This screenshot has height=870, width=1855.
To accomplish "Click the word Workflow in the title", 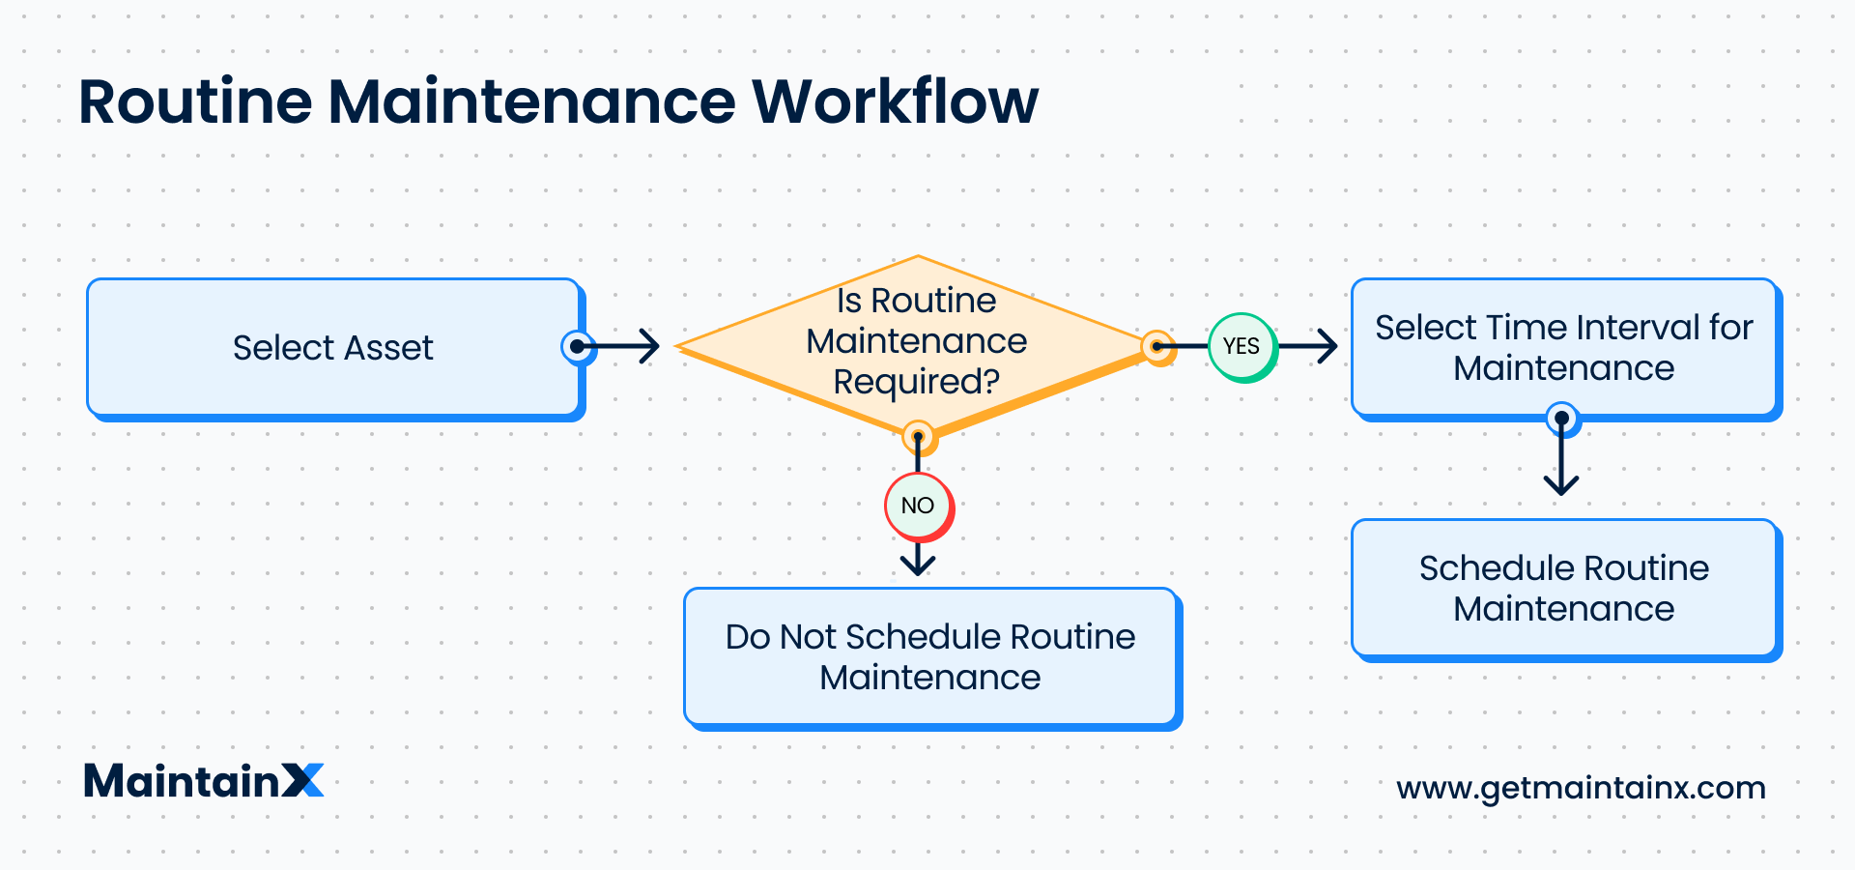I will point(895,101).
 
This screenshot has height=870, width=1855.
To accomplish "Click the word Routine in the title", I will point(195,101).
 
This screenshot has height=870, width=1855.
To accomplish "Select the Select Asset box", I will point(333,348).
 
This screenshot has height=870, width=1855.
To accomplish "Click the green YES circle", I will point(1241,346).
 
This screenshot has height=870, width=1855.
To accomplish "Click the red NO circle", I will point(918,506).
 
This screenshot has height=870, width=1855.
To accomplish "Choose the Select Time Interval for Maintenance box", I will point(1563,348).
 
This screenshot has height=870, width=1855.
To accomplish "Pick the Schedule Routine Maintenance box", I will point(1563,588).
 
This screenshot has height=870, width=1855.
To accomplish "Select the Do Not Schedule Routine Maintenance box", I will point(930,656).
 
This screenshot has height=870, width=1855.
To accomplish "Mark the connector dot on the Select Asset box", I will point(577,346).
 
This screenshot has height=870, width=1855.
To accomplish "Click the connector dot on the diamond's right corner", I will point(1156,346).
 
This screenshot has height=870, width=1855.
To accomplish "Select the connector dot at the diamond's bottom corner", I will point(918,437).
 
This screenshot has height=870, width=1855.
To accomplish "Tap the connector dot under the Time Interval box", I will point(1561,419).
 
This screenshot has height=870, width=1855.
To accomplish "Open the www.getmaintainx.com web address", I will point(1581,788).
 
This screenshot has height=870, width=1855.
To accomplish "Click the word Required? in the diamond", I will point(916,382).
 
